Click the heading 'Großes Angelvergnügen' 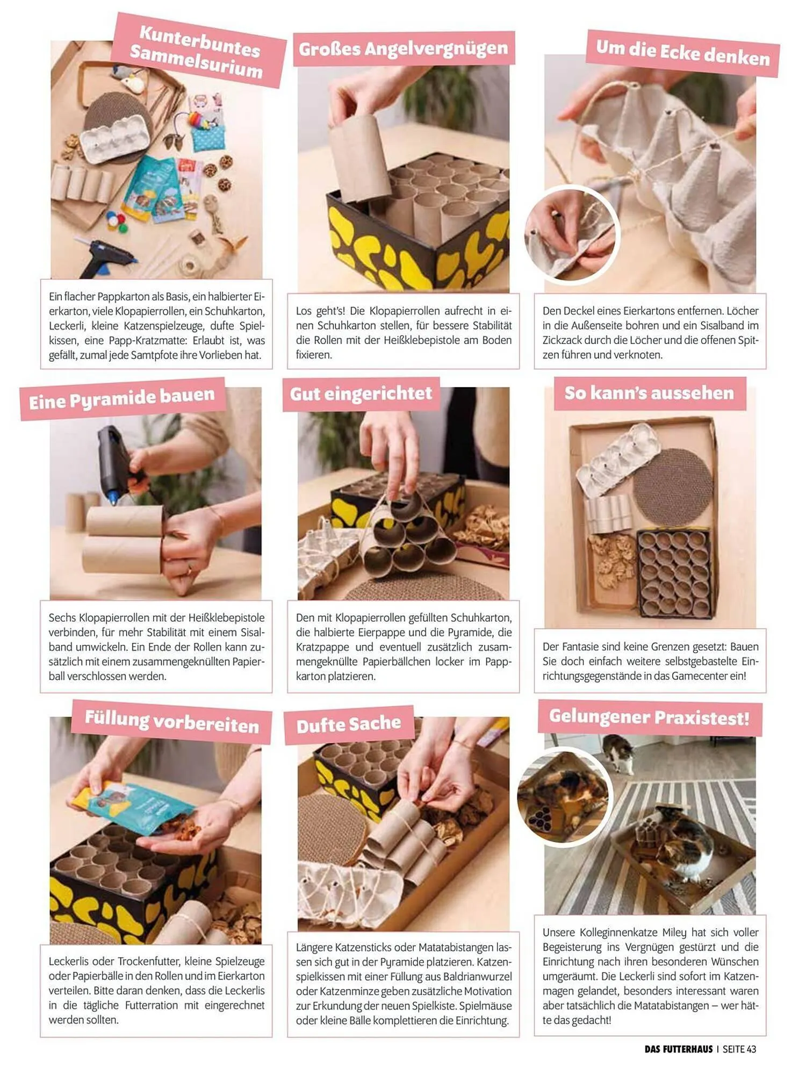coord(404,49)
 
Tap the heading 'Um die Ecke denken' coord(683,53)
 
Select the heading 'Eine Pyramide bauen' coord(122,398)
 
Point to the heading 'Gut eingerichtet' coord(361,393)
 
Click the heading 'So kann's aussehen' coord(649,393)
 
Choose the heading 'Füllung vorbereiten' coord(172,721)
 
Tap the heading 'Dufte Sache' coord(349,725)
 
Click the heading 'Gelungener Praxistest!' coord(649,717)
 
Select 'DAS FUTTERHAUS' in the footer coord(679,1049)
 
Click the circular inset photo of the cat coord(564,796)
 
